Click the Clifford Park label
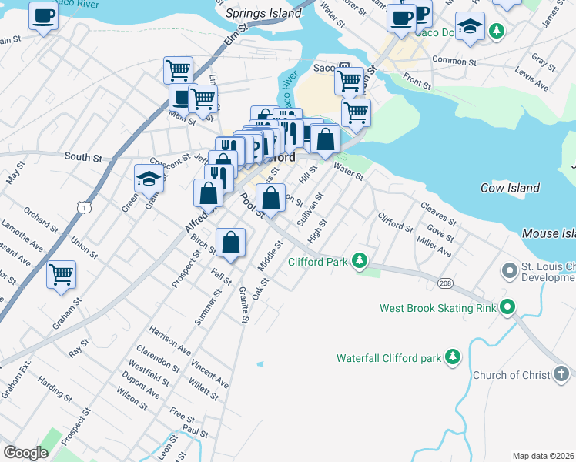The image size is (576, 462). [318, 262]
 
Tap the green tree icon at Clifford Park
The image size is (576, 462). [359, 262]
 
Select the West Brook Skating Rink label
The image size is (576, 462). [437, 309]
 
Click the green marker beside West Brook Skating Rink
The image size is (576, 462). [507, 309]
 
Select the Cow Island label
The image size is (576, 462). [510, 188]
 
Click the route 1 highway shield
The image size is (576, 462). [84, 206]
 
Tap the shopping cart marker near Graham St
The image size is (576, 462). [62, 274]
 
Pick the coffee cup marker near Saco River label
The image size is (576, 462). [43, 15]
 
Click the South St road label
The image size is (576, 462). [83, 157]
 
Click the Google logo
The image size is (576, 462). [25, 453]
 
